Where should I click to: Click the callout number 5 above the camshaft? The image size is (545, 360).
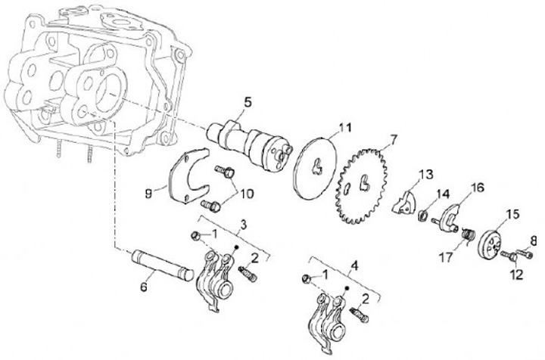coord(248,103)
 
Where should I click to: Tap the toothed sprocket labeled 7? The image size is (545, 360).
coord(363,185)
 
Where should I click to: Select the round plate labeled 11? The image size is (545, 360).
coord(315,168)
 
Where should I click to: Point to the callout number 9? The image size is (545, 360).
coord(149,194)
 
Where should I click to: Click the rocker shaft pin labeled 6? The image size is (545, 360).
coord(162,265)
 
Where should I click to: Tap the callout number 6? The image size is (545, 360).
coord(144,287)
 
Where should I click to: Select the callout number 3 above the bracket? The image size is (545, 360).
coord(244,225)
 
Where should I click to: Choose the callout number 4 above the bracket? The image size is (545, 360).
coord(354,266)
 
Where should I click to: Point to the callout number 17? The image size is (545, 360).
coord(447,257)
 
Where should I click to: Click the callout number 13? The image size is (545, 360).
coord(425,174)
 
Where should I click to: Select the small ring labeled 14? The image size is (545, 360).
coord(422,216)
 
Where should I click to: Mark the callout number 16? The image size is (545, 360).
coord(478,188)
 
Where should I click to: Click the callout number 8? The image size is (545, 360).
coord(533,241)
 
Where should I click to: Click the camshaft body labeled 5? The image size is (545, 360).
coord(251,144)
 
